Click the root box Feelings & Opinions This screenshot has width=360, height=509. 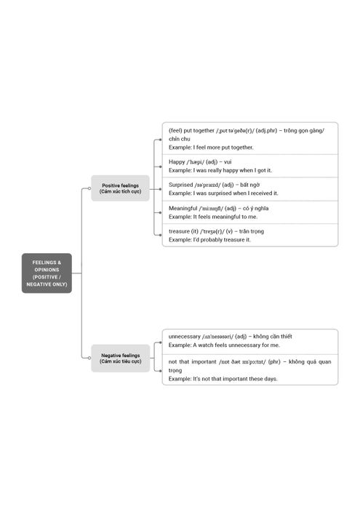pos(47,273)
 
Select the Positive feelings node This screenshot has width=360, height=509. pos(121,188)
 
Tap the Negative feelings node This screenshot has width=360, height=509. pos(121,358)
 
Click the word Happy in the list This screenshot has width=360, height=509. pos(177,161)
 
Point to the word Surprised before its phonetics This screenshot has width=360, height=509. pos(180,185)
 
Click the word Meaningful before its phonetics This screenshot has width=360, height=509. pos(183,208)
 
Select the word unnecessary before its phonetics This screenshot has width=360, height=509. pos(185,337)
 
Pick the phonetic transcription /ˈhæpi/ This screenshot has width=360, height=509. pos(196,162)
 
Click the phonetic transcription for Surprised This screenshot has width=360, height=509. pos(207,185)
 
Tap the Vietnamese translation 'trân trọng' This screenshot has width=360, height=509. pos(252,231)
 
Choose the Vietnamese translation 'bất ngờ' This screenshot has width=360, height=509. pos(250,185)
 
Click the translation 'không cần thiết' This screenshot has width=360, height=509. pos(272,337)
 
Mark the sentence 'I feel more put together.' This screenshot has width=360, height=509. pos(223,148)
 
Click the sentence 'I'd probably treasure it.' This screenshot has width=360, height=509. pos(222,240)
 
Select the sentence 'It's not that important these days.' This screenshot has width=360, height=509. pos(235,379)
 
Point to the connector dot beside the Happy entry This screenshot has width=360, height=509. pos(160,167)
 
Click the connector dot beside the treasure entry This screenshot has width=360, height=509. pos(160,235)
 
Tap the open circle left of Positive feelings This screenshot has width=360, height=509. pos(89,188)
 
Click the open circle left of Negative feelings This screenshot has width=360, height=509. pos(89,358)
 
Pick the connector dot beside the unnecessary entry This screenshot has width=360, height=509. pos(160,342)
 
